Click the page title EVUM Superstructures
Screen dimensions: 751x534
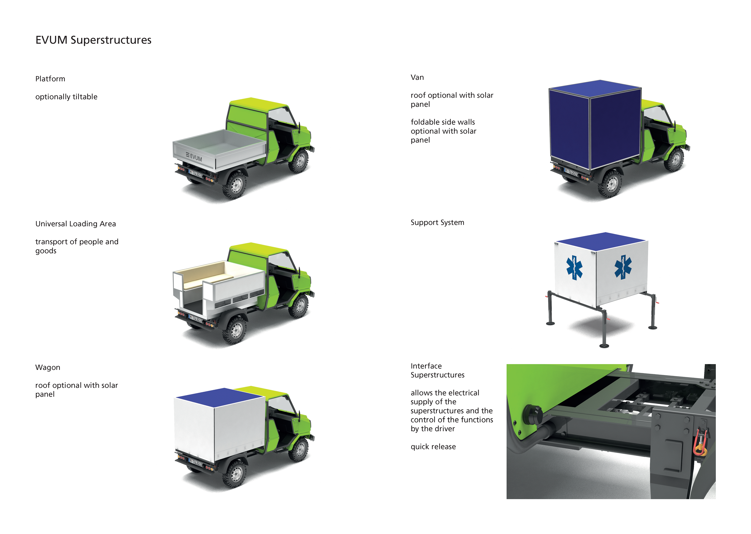[93, 40]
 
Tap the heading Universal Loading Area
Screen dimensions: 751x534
[76, 224]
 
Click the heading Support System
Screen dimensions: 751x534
[437, 223]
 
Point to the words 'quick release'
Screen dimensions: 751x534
[433, 447]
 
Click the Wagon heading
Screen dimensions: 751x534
[48, 367]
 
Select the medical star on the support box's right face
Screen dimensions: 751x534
[623, 267]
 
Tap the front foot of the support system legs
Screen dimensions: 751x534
[604, 345]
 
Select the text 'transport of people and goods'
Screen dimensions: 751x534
[77, 246]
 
